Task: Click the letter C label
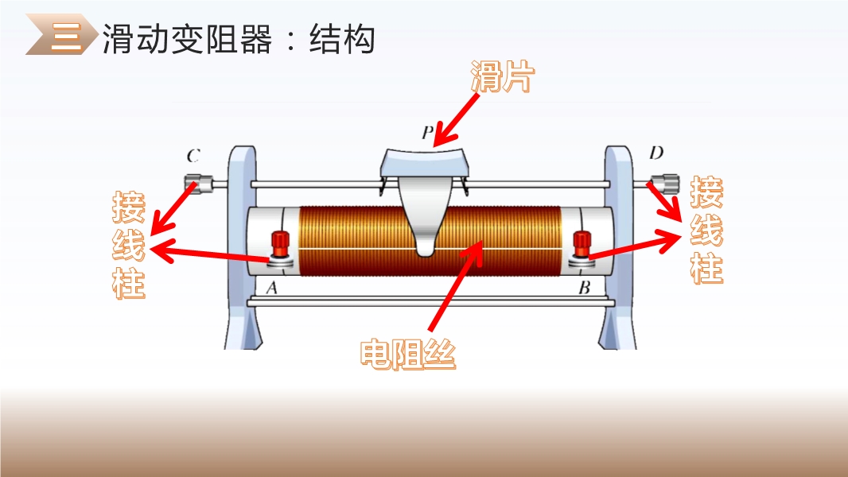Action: click(x=193, y=156)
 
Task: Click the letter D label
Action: click(x=656, y=153)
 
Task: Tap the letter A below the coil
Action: click(x=271, y=288)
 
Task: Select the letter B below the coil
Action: click(x=584, y=288)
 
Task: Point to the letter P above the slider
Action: click(x=427, y=132)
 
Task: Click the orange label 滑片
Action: click(x=503, y=76)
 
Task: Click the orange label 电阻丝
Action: click(x=408, y=354)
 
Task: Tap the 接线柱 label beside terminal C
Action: click(x=129, y=245)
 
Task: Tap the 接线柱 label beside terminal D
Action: click(x=706, y=230)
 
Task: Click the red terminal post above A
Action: click(x=279, y=245)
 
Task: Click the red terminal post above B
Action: click(x=582, y=245)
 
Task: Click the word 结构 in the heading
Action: click(x=342, y=39)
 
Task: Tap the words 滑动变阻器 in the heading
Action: click(x=187, y=39)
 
